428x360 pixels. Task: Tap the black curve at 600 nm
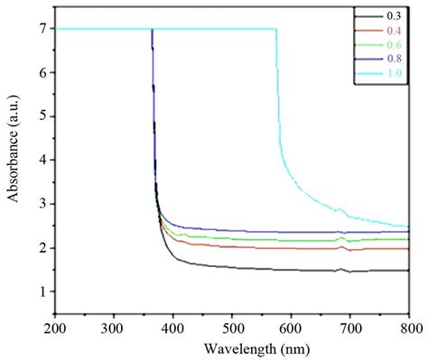tap(291, 269)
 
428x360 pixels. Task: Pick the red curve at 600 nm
tap(291, 247)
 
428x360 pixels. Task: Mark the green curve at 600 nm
tap(291, 240)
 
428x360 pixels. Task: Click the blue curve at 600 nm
tap(291, 232)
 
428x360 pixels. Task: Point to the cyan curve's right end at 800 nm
tap(408, 226)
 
